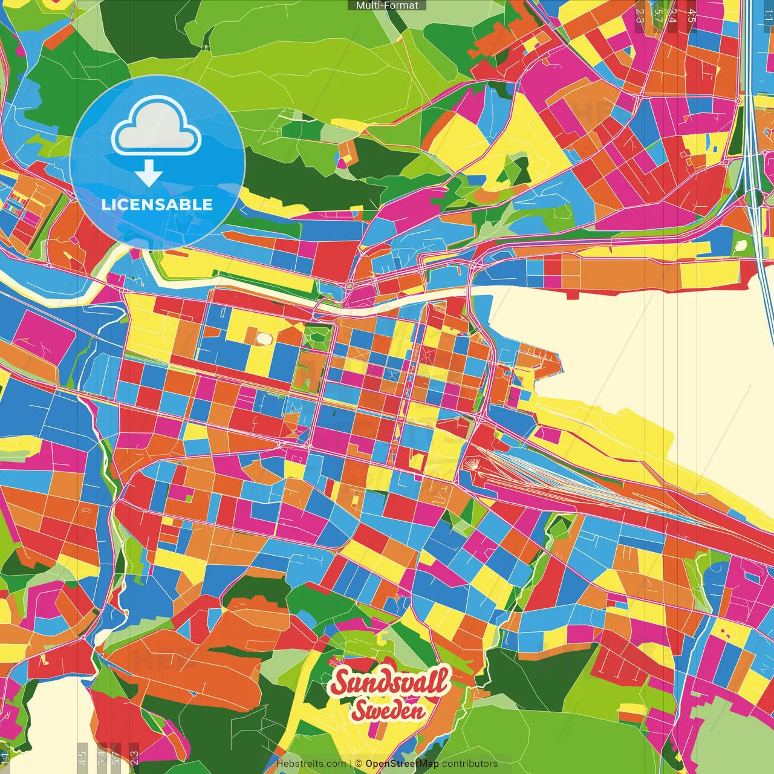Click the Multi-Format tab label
click(x=387, y=5)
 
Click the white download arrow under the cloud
click(x=148, y=174)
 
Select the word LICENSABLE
click(x=157, y=204)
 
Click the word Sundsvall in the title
click(x=390, y=683)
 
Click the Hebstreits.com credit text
click(x=311, y=764)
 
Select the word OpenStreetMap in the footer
click(x=402, y=764)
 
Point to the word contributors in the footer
click(x=469, y=764)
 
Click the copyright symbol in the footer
click(x=359, y=764)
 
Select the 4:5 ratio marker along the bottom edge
click(x=82, y=756)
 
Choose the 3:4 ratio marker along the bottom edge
click(x=102, y=756)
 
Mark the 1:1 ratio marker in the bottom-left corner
click(x=5, y=756)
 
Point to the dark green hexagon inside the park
click(x=314, y=335)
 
